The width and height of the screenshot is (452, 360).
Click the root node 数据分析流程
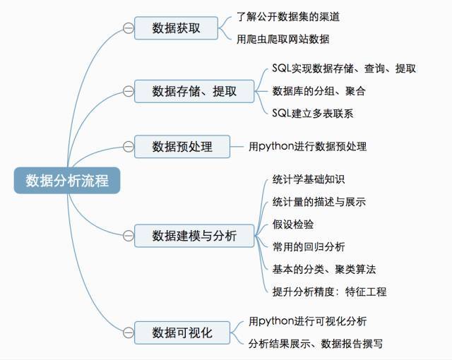click(67, 180)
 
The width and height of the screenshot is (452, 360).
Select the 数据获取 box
click(176, 28)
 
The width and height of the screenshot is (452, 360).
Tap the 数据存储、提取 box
click(194, 91)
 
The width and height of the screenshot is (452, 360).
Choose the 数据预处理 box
click(182, 147)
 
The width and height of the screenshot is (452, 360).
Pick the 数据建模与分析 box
click(194, 235)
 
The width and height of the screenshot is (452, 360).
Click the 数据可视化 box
click(182, 331)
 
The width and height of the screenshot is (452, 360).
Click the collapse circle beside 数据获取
click(128, 28)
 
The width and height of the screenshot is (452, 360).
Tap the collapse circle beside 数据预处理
click(128, 147)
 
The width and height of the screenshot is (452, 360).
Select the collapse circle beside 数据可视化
click(128, 331)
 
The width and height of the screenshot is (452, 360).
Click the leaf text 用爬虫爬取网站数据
click(282, 40)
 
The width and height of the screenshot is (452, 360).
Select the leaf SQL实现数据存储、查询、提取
click(344, 68)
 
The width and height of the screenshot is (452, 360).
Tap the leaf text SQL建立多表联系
click(312, 113)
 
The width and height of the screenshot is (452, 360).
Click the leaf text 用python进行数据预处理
click(307, 147)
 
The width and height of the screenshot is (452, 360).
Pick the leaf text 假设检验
click(293, 224)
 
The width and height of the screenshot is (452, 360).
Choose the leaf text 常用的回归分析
click(309, 246)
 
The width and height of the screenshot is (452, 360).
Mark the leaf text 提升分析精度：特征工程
click(329, 291)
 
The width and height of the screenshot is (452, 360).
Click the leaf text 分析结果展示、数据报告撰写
click(316, 344)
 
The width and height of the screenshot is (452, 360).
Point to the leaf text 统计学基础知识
click(309, 179)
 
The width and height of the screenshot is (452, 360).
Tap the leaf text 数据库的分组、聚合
click(319, 91)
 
